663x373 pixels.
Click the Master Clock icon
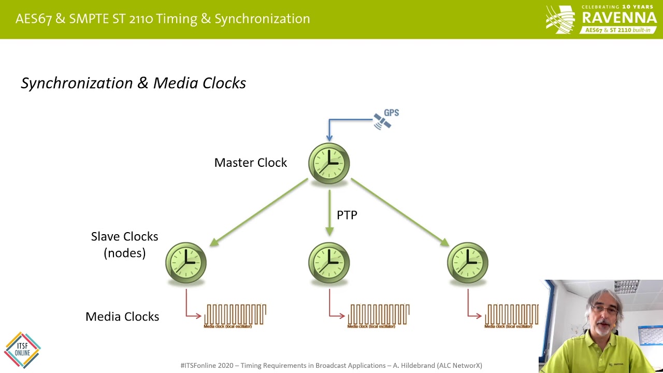pyautogui.click(x=329, y=163)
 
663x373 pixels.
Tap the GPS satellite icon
pyautogui.click(x=383, y=121)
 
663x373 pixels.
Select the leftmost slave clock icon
pyautogui.click(x=186, y=263)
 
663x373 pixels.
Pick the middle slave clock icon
pyautogui.click(x=329, y=263)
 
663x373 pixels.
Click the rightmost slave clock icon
pyautogui.click(x=468, y=263)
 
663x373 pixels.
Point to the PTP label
pyautogui.click(x=347, y=215)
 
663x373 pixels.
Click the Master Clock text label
pyautogui.click(x=250, y=163)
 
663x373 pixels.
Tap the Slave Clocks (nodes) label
pyautogui.click(x=124, y=245)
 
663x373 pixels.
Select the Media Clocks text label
pyautogui.click(x=122, y=317)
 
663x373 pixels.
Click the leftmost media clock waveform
pyautogui.click(x=235, y=315)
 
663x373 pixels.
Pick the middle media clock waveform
pyautogui.click(x=379, y=315)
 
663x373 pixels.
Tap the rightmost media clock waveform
pyautogui.click(x=511, y=315)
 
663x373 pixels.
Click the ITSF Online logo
pyautogui.click(x=22, y=350)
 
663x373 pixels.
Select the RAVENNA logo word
pyautogui.click(x=619, y=18)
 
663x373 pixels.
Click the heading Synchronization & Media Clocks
pyautogui.click(x=133, y=83)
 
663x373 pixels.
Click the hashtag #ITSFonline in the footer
pyautogui.click(x=199, y=365)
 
